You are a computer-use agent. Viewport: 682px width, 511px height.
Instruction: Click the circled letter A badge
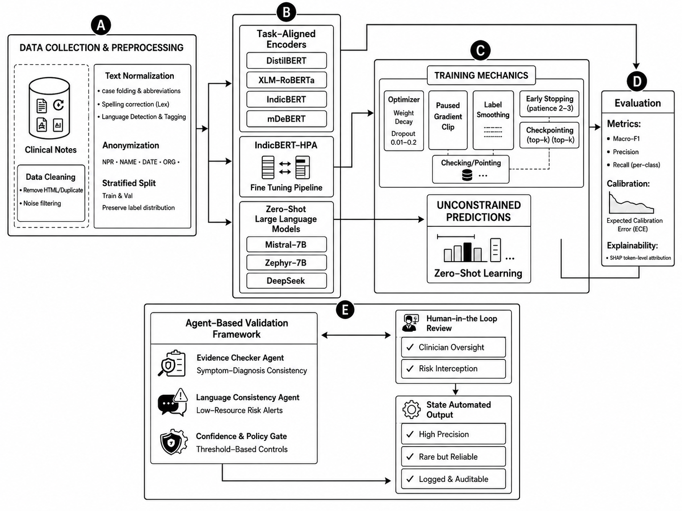pyautogui.click(x=101, y=25)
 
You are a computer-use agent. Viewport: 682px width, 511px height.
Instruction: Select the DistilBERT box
pyautogui.click(x=286, y=61)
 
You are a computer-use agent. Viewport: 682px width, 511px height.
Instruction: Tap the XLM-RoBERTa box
pyautogui.click(x=286, y=80)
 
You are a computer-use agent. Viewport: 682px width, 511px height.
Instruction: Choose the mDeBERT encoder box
pyautogui.click(x=286, y=119)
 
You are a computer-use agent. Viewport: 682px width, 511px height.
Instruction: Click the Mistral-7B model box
pyautogui.click(x=286, y=245)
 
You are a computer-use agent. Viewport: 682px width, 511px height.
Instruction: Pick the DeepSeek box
pyautogui.click(x=286, y=281)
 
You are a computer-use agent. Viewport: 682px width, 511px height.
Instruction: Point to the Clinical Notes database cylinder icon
pyautogui.click(x=49, y=108)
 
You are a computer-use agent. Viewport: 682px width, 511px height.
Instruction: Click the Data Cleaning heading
pyautogui.click(x=51, y=177)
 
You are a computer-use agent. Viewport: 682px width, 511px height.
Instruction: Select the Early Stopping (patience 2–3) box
pyautogui.click(x=549, y=104)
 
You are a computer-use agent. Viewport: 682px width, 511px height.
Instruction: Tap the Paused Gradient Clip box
pyautogui.click(x=448, y=120)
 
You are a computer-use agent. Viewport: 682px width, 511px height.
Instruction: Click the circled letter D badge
pyautogui.click(x=637, y=81)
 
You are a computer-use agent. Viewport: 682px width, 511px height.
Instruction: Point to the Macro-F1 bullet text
pyautogui.click(x=626, y=139)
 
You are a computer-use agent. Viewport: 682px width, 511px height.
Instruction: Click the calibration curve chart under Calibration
pyautogui.click(x=631, y=203)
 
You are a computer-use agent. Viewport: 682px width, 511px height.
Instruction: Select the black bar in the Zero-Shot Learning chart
pyautogui.click(x=467, y=252)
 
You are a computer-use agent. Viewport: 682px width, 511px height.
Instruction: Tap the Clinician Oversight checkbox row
pyautogui.click(x=453, y=347)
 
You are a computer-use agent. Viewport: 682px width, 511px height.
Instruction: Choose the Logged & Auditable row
pyautogui.click(x=453, y=479)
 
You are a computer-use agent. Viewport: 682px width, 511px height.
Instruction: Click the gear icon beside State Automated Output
pyautogui.click(x=411, y=409)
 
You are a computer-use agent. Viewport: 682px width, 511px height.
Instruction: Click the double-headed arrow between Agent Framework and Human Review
pyautogui.click(x=356, y=335)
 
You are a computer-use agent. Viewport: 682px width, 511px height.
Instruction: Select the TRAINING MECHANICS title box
pyautogui.click(x=481, y=75)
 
